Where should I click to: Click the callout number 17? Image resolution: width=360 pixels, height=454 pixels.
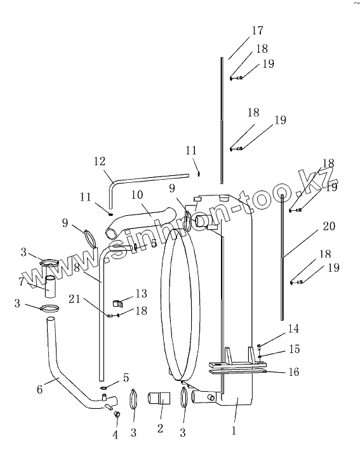[258, 30]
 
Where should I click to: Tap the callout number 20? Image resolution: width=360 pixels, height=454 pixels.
[329, 226]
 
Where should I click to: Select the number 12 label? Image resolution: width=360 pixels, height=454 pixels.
[99, 161]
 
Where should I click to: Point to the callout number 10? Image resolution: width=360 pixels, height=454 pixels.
[137, 195]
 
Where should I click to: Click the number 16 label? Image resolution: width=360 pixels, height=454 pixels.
[294, 371]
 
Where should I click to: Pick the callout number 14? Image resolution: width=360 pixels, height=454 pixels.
[293, 329]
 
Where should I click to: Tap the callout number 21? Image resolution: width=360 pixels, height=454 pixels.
[74, 299]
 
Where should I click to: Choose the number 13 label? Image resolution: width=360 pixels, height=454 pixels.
[141, 293]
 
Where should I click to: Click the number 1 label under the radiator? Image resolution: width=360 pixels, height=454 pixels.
[234, 431]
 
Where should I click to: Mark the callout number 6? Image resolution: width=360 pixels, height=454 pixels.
[39, 389]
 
